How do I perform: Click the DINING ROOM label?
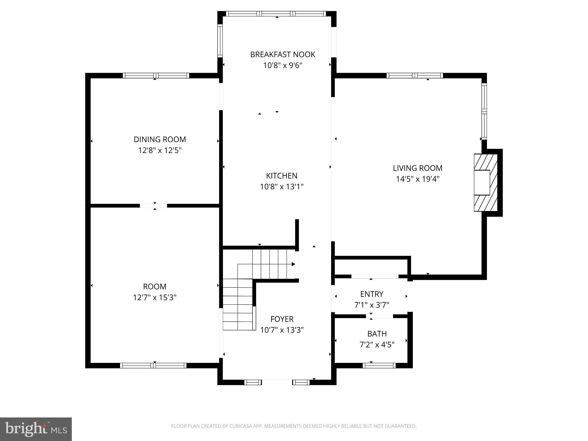tap(160, 140)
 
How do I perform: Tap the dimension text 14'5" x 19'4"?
tap(417, 179)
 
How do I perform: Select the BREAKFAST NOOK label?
tap(283, 55)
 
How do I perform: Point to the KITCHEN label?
tap(281, 176)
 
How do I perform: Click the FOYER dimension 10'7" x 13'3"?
tap(282, 330)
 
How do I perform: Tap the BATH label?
tap(377, 334)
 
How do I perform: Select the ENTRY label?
tap(372, 294)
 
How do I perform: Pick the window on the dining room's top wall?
tap(156, 76)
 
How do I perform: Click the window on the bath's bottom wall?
tap(379, 365)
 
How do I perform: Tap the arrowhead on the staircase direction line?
tap(293, 264)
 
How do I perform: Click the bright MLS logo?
tap(36, 429)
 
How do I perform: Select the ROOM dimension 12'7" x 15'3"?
tap(154, 297)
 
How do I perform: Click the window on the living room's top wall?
tap(415, 76)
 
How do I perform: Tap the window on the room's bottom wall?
tap(153, 365)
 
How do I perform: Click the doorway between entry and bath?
tap(379, 316)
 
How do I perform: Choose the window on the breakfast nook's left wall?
tap(220, 40)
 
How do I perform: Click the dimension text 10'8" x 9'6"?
tap(283, 66)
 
